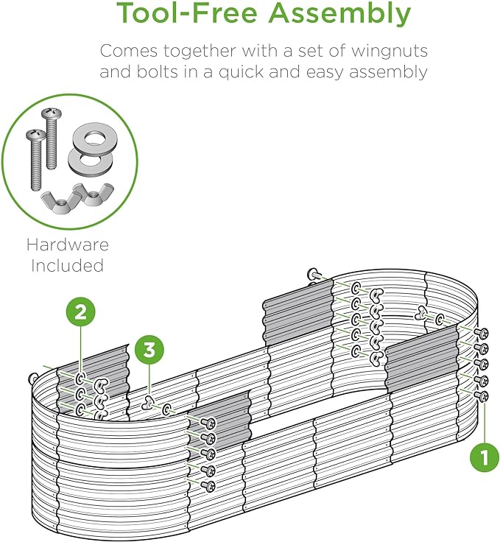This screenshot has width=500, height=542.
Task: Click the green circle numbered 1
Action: click(484, 457)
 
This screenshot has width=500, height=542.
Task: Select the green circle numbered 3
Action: click(149, 351)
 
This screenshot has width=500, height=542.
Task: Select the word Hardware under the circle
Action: click(68, 245)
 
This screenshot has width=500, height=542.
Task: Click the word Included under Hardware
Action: click(67, 266)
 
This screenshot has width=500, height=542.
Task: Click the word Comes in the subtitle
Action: click(126, 52)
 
